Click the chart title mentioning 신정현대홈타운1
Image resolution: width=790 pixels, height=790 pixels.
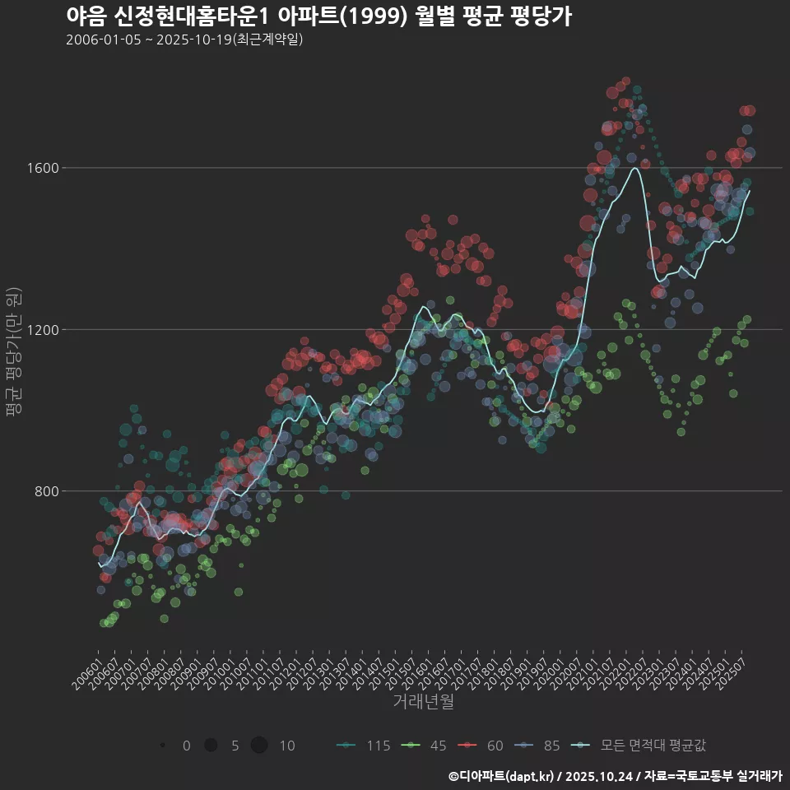318,16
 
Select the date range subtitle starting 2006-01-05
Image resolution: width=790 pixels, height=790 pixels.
184,39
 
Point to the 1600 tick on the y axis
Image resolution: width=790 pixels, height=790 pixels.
43,168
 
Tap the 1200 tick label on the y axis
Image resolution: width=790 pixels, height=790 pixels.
43,329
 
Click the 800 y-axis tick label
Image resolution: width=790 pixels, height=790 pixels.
46,491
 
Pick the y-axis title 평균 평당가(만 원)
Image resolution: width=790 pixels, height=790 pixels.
13,354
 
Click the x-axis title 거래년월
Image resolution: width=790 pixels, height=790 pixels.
423,701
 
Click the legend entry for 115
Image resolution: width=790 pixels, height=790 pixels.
364,746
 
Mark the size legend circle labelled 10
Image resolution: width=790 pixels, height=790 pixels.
259,746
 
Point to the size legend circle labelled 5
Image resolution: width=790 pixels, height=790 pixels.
211,746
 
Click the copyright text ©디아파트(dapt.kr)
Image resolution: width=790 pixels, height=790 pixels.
502,776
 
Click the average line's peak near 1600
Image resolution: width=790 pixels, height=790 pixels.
634,169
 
